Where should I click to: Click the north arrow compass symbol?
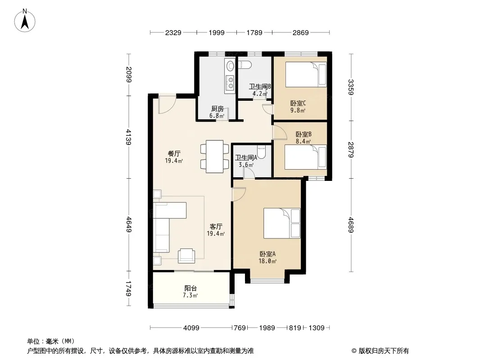pos(25,21)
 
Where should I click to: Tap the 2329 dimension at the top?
pos(173,32)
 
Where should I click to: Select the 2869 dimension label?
pos(301,32)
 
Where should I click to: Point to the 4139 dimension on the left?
pos(129,137)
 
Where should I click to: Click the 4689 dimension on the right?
pos(351,225)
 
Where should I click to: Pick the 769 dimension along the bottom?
pos(240,328)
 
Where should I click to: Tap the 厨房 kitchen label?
pos(217,108)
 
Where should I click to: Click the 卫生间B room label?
pos(260,86)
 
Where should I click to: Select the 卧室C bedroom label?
pos(298,103)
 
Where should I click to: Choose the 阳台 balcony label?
pos(190,288)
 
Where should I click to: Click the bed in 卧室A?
pos(282,223)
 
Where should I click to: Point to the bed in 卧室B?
pos(305,157)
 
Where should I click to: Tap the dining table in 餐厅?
pos(214,157)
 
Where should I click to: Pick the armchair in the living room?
pos(186,256)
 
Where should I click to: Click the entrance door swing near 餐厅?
pos(167,105)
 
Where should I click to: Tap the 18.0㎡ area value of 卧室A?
pos(267,261)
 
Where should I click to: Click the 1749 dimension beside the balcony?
pos(129,289)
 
